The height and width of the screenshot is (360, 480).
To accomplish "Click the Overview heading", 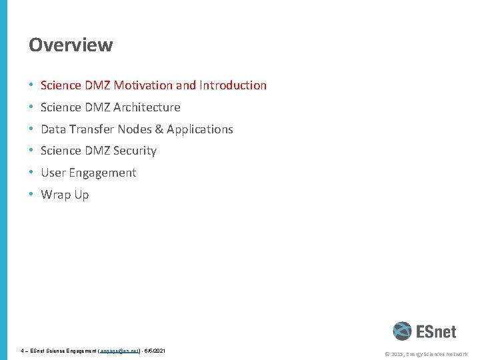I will (71, 45).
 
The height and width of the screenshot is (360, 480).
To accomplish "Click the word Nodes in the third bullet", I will (135, 129).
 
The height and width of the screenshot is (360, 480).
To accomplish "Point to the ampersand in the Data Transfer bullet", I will (159, 129).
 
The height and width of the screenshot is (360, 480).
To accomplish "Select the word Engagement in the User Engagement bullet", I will (104, 173).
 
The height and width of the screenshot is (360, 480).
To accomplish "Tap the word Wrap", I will (55, 195).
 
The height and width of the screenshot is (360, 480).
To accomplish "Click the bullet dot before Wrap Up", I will (32, 195).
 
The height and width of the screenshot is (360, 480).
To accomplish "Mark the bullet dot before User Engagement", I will (32, 173).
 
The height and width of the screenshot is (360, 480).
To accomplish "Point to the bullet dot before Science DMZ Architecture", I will (32, 107).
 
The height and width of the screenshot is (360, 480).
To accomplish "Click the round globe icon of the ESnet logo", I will (402, 331).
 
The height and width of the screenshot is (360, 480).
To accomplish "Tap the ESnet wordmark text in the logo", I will (436, 331).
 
